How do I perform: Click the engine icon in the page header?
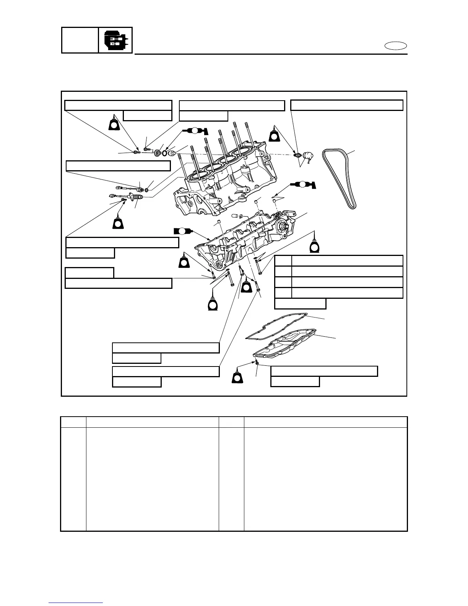click(x=115, y=40)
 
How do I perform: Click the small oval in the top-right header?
click(x=396, y=46)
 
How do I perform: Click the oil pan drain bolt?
click(x=258, y=362)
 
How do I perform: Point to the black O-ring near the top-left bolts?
click(x=164, y=153)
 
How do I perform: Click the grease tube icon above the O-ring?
click(x=194, y=130)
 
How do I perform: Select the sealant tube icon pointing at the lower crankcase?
click(x=182, y=231)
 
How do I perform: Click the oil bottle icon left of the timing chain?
click(x=275, y=134)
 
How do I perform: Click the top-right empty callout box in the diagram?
click(x=347, y=105)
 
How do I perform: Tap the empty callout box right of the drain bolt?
click(x=324, y=371)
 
